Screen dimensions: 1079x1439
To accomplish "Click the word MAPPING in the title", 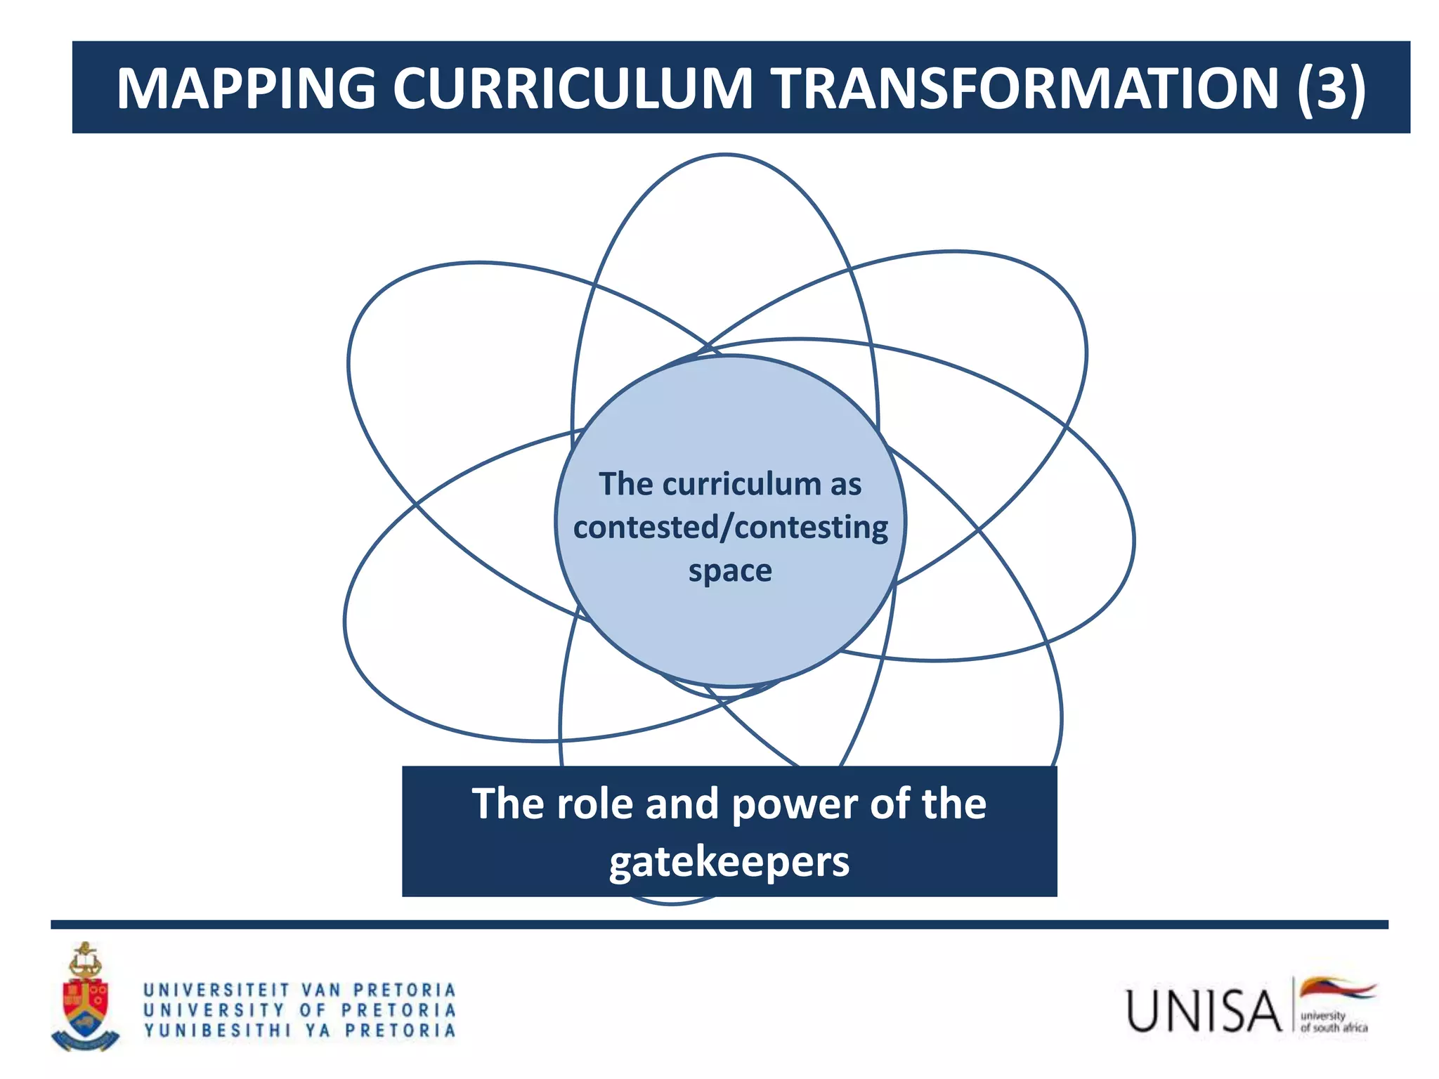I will pos(246,89).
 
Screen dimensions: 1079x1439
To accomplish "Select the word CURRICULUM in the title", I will pos(572,89).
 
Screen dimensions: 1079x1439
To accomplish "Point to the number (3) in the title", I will pos(1331,89).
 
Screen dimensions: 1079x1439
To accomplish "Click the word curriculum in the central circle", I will pos(741,484).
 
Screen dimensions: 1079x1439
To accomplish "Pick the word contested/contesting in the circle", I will pos(730,527).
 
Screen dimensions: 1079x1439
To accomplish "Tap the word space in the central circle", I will pos(730,570).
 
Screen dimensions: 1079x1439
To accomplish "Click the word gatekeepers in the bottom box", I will pos(729,862).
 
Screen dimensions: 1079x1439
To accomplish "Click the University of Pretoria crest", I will pos(85,998).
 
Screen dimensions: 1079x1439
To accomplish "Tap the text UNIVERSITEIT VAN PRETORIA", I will pos(300,990).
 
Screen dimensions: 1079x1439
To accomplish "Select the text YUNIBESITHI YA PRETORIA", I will pos(300,1031).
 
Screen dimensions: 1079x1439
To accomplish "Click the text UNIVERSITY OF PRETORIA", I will pos(300,1010).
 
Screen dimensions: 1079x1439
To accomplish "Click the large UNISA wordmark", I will pos(1203,1011).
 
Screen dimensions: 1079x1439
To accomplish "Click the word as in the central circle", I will pos(845,484).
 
